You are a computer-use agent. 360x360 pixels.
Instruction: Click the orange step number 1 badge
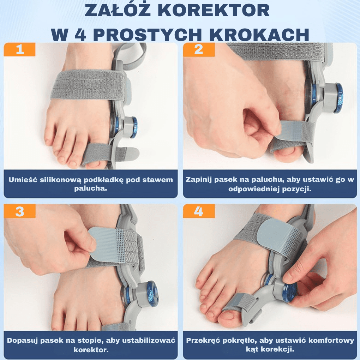[20, 49]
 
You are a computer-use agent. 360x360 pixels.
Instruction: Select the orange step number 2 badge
[199, 49]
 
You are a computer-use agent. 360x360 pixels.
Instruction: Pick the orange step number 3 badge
[20, 211]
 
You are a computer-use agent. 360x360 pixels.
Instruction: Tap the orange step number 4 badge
[199, 211]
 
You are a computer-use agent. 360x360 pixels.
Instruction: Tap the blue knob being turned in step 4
[289, 290]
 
